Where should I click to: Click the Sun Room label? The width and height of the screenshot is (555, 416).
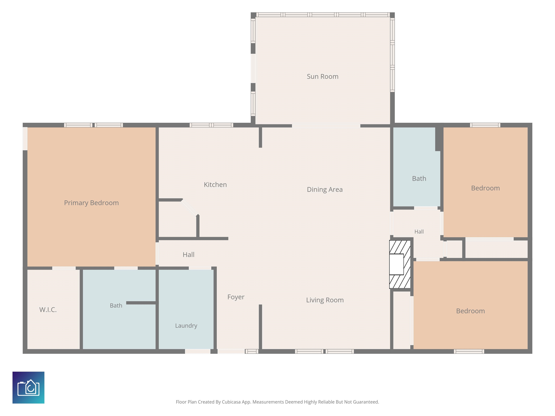pyautogui.click(x=322, y=77)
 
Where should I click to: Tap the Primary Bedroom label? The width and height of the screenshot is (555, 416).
pyautogui.click(x=91, y=203)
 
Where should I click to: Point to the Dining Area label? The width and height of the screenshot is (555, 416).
pyautogui.click(x=325, y=190)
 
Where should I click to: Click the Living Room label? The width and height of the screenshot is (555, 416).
pyautogui.click(x=325, y=300)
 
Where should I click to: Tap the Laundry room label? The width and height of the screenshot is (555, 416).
pyautogui.click(x=186, y=326)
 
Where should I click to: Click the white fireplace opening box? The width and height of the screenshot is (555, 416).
pyautogui.click(x=396, y=264)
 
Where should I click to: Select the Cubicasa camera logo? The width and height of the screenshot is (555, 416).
pyautogui.click(x=28, y=387)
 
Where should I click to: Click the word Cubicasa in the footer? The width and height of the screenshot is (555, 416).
pyautogui.click(x=231, y=402)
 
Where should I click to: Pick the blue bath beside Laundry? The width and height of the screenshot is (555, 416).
pyautogui.click(x=119, y=309)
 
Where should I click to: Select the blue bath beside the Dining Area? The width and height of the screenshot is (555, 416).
pyautogui.click(x=416, y=167)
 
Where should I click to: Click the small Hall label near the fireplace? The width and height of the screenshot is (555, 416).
pyautogui.click(x=419, y=232)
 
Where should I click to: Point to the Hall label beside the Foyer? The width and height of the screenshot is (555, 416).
pyautogui.click(x=188, y=255)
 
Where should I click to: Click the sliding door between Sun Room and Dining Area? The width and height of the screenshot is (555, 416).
pyautogui.click(x=326, y=126)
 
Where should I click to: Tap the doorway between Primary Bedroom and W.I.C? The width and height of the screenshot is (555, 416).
pyautogui.click(x=64, y=268)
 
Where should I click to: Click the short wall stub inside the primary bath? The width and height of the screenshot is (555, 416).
pyautogui.click(x=141, y=303)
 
